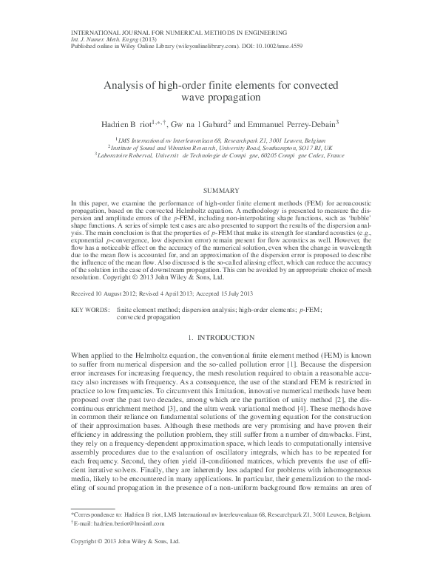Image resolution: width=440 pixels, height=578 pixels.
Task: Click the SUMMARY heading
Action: [220, 190]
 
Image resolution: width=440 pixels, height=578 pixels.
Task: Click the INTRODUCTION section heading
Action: [227, 337]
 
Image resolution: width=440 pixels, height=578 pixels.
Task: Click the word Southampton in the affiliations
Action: [276, 146]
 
